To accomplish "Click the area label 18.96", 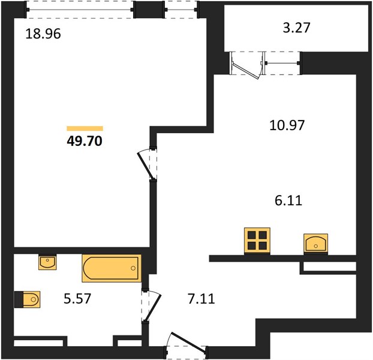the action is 43,34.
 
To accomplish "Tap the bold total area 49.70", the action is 85,141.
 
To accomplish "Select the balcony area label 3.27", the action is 297,28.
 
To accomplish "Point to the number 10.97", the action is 287,125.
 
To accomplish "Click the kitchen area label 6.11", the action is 288,200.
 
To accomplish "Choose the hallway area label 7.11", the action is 201,299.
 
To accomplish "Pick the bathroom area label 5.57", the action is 77,299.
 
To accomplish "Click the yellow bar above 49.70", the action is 85,128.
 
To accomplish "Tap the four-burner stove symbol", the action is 257,241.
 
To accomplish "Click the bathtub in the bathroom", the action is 112,268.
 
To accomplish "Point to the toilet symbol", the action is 28,299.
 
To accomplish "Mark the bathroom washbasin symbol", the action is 47,262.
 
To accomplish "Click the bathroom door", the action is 153,308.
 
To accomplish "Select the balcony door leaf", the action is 245,69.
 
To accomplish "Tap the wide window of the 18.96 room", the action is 80,10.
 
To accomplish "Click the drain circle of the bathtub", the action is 133,268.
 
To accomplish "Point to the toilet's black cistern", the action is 19,299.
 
